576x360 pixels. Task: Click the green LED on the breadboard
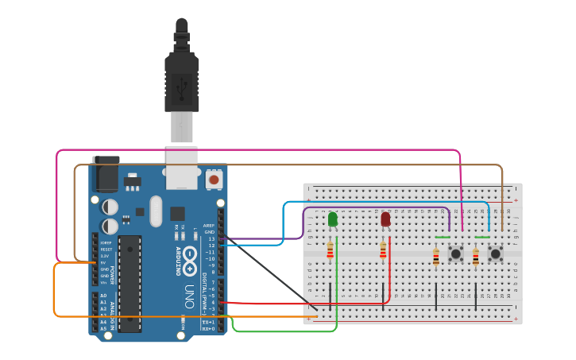(x=332, y=219)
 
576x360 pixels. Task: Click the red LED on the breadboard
(x=385, y=219)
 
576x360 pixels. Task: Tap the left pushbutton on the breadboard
(x=456, y=254)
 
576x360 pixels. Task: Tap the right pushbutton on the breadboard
(x=496, y=254)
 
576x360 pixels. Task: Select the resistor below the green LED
(x=331, y=252)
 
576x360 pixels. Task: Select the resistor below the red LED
(x=383, y=251)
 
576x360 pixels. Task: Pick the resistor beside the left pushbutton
(x=435, y=257)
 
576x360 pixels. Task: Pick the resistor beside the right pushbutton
(x=475, y=257)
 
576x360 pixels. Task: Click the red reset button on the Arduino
(x=213, y=180)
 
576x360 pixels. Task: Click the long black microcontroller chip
(x=130, y=283)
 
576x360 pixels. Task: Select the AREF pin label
(x=209, y=225)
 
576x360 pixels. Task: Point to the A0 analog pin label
(x=103, y=296)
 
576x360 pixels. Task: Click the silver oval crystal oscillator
(x=155, y=211)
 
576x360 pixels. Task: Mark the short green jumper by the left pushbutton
(x=443, y=237)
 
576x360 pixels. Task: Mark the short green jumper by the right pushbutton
(x=482, y=237)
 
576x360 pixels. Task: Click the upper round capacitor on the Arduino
(x=110, y=207)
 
